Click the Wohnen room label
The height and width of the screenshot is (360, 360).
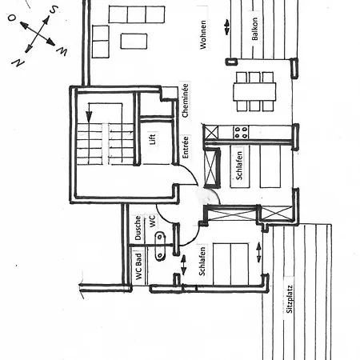tap(203, 34)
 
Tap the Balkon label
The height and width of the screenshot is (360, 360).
tap(254, 29)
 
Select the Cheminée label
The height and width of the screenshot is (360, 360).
tap(185, 100)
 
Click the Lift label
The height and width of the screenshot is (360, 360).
tap(152, 139)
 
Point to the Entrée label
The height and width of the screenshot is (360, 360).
tap(186, 147)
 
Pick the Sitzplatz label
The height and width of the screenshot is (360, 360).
tap(290, 299)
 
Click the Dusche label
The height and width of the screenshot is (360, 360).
tap(138, 228)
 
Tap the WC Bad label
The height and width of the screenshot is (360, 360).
tap(138, 266)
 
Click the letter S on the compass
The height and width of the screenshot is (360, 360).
tap(54, 10)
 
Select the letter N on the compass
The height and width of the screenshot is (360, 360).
tap(18, 62)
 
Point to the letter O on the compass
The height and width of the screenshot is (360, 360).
tap(12, 18)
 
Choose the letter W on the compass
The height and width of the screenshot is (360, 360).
tap(62, 51)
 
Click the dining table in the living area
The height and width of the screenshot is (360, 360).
tap(254, 92)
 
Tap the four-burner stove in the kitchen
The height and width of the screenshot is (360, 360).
tap(241, 133)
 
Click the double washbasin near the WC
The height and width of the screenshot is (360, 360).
tap(159, 246)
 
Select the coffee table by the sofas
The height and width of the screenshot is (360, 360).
tap(134, 42)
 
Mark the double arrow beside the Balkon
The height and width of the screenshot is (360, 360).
tap(227, 27)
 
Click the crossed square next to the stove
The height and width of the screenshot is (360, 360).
tap(211, 133)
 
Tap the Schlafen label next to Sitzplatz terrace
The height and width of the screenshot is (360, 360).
tap(202, 261)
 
